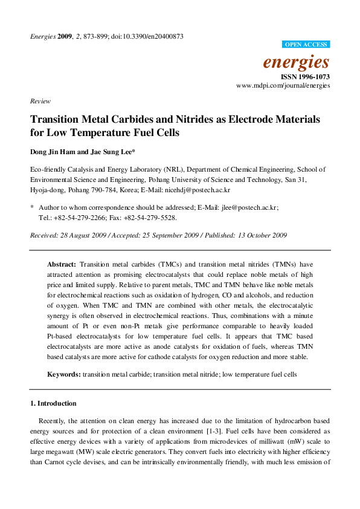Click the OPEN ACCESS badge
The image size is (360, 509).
pos(306,45)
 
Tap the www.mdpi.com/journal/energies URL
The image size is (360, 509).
pos(283,86)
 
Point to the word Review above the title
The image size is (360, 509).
pos(40,102)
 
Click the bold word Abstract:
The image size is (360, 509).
pos(62,265)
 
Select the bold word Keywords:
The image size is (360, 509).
pos(64,375)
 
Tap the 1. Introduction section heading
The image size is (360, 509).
pos(53,403)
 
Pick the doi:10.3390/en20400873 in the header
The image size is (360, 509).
pos(149,36)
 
